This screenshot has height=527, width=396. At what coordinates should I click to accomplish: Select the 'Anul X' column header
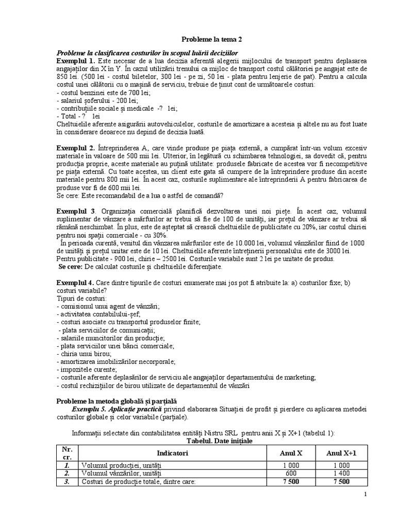pos(291,453)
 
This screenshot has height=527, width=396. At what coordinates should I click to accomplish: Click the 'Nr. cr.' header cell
pos(67,453)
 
